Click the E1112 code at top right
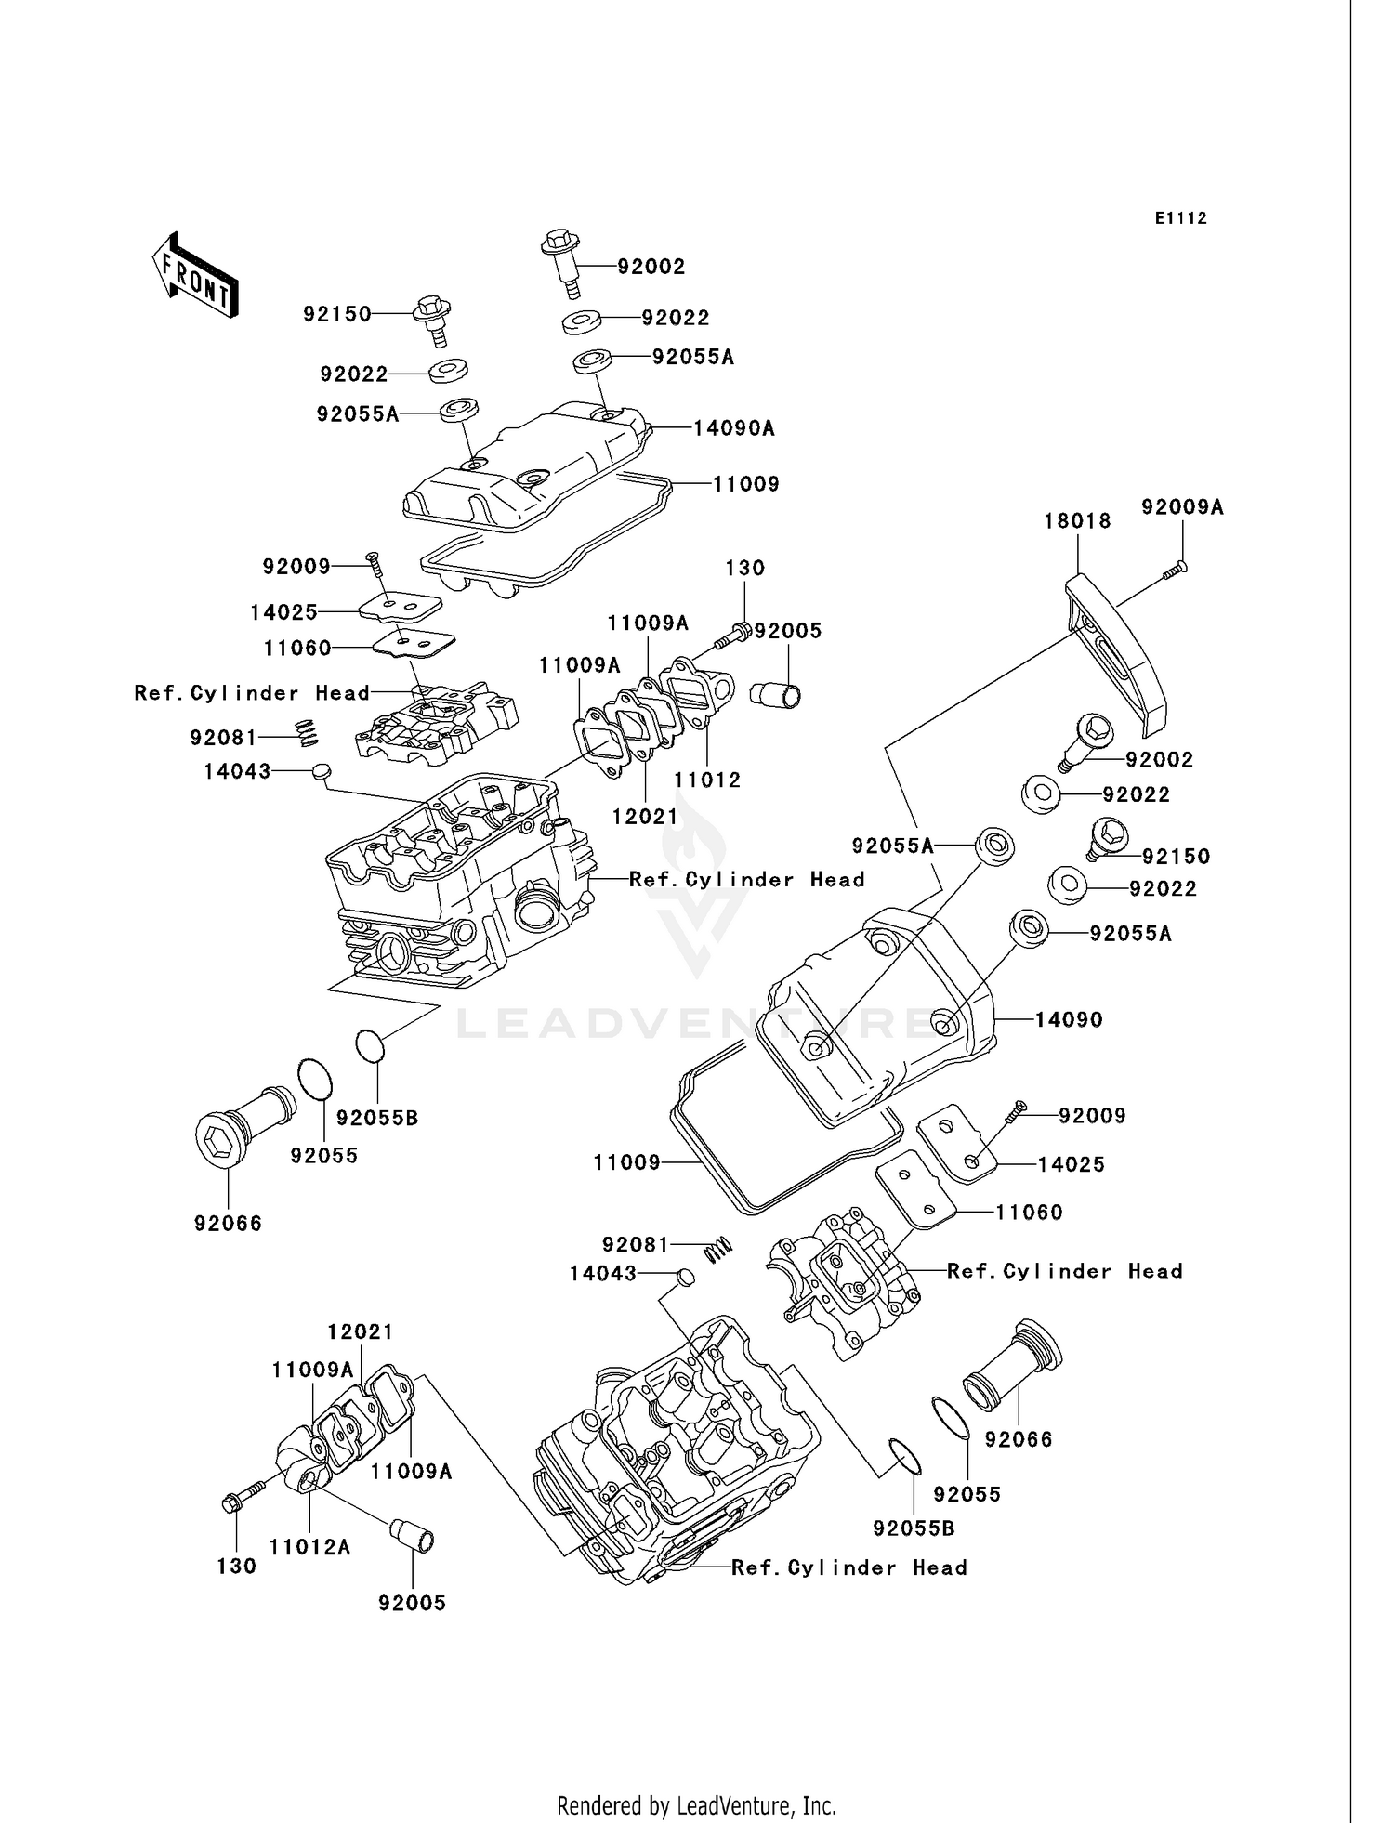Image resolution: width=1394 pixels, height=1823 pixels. click(1180, 218)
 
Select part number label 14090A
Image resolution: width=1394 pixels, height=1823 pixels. click(733, 428)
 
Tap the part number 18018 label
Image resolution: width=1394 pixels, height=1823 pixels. click(1077, 521)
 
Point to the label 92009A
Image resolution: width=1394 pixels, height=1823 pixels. click(1182, 507)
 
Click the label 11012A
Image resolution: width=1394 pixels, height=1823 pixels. click(309, 1547)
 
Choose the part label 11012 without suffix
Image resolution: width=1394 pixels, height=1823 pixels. click(707, 780)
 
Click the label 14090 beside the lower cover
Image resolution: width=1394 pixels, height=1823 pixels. click(1068, 1019)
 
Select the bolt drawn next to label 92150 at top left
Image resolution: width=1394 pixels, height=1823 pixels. click(433, 316)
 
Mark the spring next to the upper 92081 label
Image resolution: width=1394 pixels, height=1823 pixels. click(308, 733)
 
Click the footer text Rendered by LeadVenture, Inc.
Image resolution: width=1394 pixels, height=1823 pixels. click(696, 1806)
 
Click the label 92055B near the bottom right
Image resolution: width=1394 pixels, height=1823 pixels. click(913, 1528)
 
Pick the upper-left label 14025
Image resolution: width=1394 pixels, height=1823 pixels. click(283, 612)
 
